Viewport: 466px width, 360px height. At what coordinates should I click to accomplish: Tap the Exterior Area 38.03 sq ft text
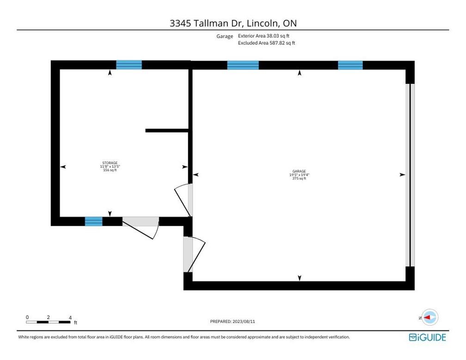tap(264, 36)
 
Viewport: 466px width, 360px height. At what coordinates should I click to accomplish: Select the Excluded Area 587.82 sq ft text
tap(266, 43)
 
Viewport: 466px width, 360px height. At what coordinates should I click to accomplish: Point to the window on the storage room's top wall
tap(129, 65)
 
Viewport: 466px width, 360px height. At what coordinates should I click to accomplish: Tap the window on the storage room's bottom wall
tap(93, 221)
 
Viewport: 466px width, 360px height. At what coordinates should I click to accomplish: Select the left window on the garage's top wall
tap(243, 65)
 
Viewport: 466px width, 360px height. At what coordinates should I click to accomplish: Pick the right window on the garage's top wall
tap(350, 65)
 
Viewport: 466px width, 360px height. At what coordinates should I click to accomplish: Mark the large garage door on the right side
tap(410, 175)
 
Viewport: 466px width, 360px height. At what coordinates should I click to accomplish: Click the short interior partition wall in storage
tap(166, 130)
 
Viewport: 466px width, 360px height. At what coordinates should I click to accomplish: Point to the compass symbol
tap(430, 317)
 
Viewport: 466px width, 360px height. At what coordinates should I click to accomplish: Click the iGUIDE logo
tap(427, 337)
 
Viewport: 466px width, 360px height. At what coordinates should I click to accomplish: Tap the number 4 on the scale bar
tap(70, 317)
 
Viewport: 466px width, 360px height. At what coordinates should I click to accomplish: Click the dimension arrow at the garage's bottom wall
tap(300, 278)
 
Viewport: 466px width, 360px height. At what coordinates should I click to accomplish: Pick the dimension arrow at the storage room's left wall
tap(63, 167)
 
